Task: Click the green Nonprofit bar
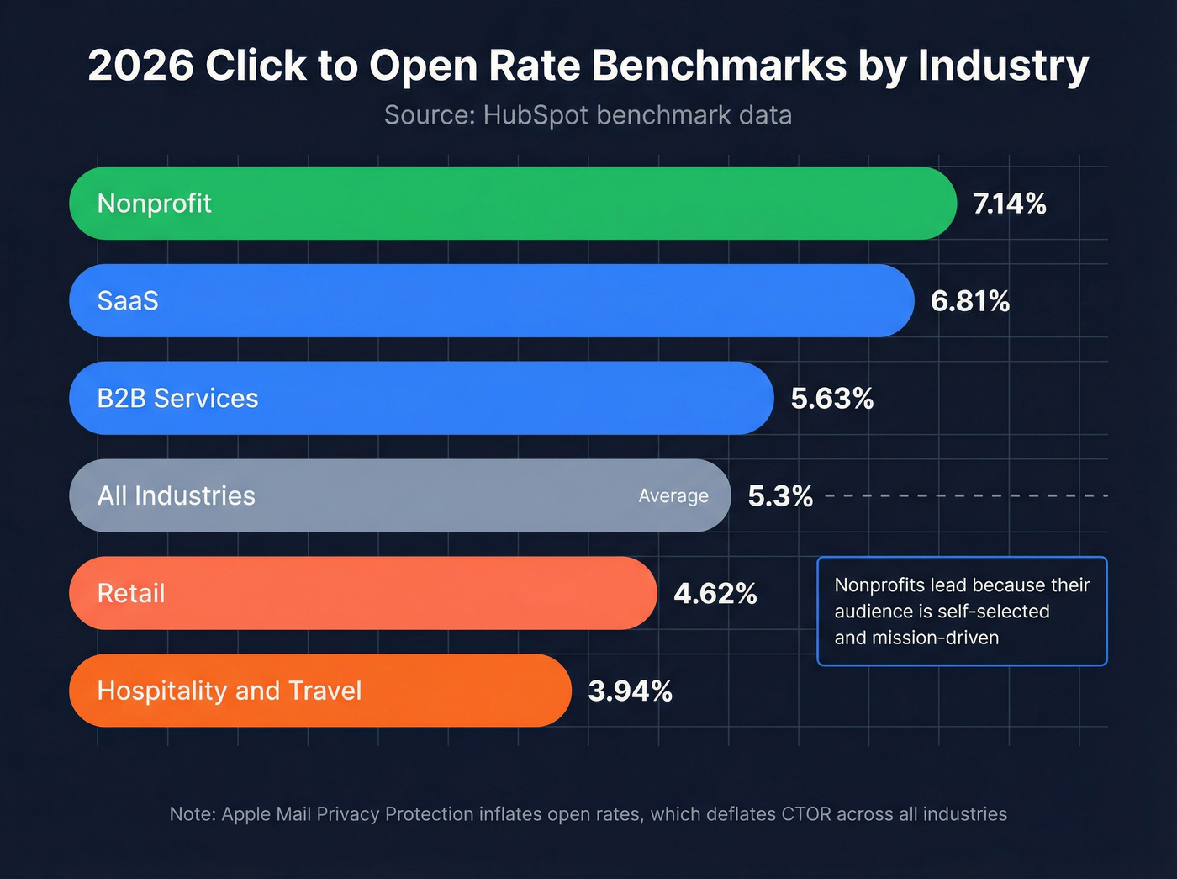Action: tap(513, 203)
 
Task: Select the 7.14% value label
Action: tap(1009, 204)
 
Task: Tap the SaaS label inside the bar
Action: tap(128, 301)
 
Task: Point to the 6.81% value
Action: tap(969, 301)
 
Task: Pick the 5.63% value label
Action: tap(831, 399)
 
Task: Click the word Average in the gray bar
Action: tap(673, 496)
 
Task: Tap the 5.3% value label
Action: tap(779, 496)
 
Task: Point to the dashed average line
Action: tap(967, 495)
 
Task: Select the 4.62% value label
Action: tap(715, 594)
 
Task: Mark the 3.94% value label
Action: tap(630, 691)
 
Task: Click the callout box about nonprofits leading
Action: tap(962, 611)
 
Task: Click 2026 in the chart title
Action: tap(140, 66)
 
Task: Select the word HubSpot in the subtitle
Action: tap(536, 115)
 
